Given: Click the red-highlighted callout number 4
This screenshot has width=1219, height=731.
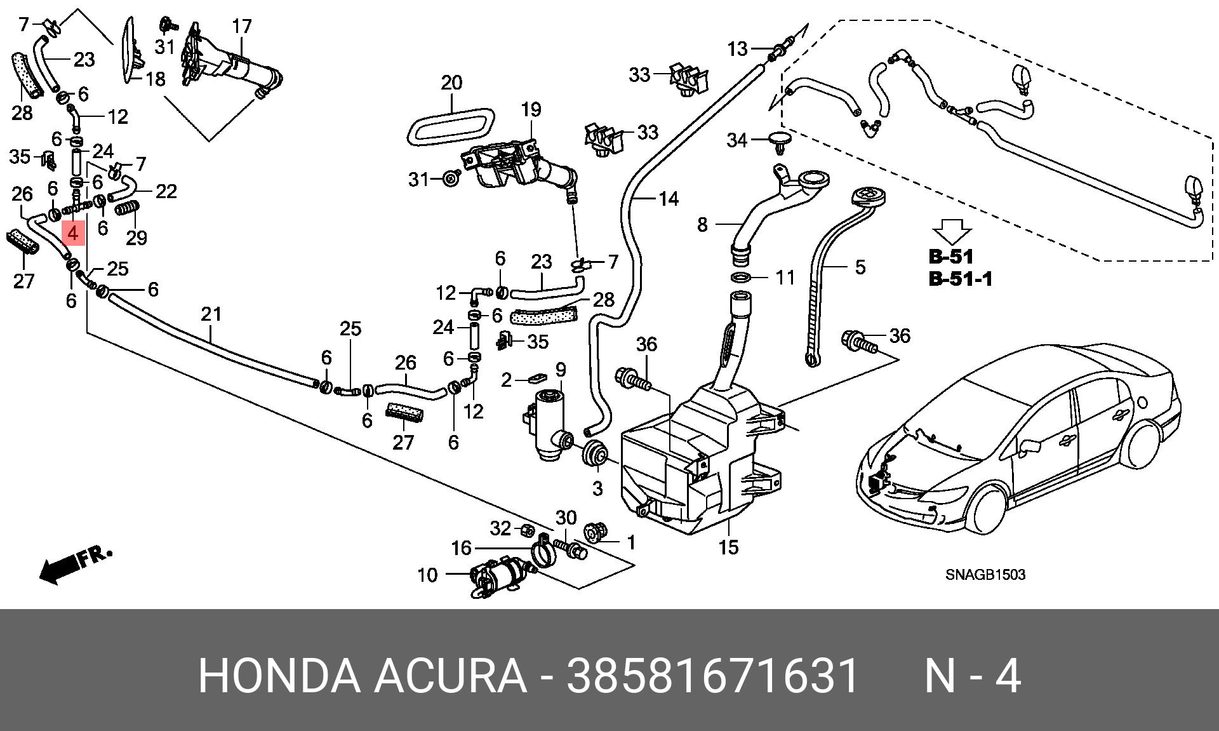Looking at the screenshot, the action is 73,234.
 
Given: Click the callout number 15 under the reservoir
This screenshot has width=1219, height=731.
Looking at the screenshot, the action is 728,547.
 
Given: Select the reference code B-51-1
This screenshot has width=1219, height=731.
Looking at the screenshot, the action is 960,279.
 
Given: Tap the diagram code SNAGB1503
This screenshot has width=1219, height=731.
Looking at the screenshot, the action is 985,575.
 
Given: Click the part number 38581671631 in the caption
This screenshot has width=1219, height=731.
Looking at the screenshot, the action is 713,676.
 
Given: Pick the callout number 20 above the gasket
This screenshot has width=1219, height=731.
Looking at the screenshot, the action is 451,83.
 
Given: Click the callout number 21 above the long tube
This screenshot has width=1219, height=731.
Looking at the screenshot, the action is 211,314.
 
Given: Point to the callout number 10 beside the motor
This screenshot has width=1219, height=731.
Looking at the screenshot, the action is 427,575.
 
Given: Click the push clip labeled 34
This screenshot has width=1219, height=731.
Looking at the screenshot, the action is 780,143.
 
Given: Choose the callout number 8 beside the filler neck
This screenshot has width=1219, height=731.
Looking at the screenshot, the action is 702,225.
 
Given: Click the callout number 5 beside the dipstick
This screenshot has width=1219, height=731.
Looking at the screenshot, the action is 860,267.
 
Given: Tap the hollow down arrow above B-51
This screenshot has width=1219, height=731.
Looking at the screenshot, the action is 951,231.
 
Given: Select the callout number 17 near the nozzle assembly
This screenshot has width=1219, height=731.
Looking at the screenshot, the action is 242,26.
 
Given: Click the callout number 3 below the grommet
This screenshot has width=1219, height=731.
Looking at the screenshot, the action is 597,489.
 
